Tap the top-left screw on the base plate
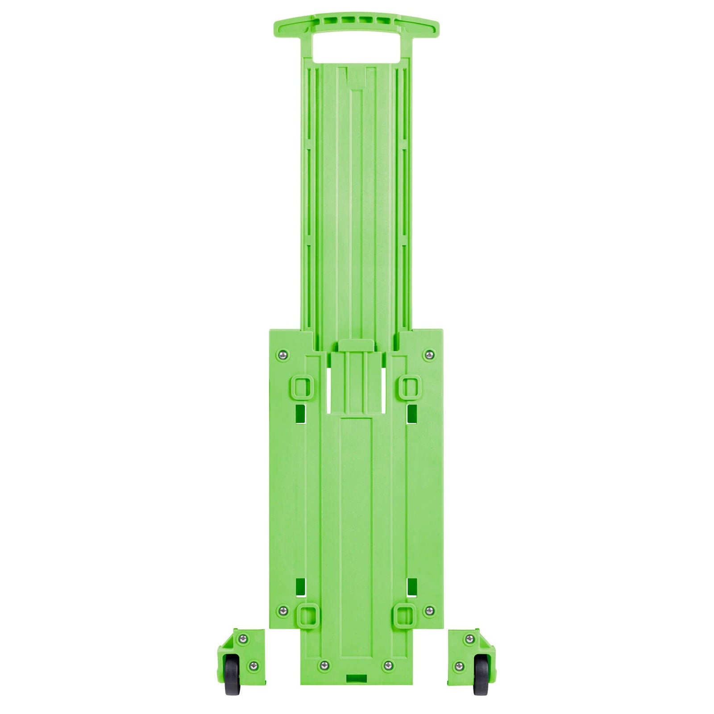(x=282, y=355)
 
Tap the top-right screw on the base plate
(x=429, y=355)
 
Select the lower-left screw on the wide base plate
(x=282, y=610)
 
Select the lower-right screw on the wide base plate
(x=429, y=610)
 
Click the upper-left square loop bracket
(x=302, y=386)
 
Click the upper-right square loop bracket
(x=410, y=386)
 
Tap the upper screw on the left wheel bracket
(x=243, y=639)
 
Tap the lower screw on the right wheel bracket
(x=459, y=666)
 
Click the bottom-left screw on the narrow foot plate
(x=324, y=665)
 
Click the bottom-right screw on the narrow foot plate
(x=388, y=665)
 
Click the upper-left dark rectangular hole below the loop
(x=301, y=414)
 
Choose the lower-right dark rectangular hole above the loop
(x=412, y=587)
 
